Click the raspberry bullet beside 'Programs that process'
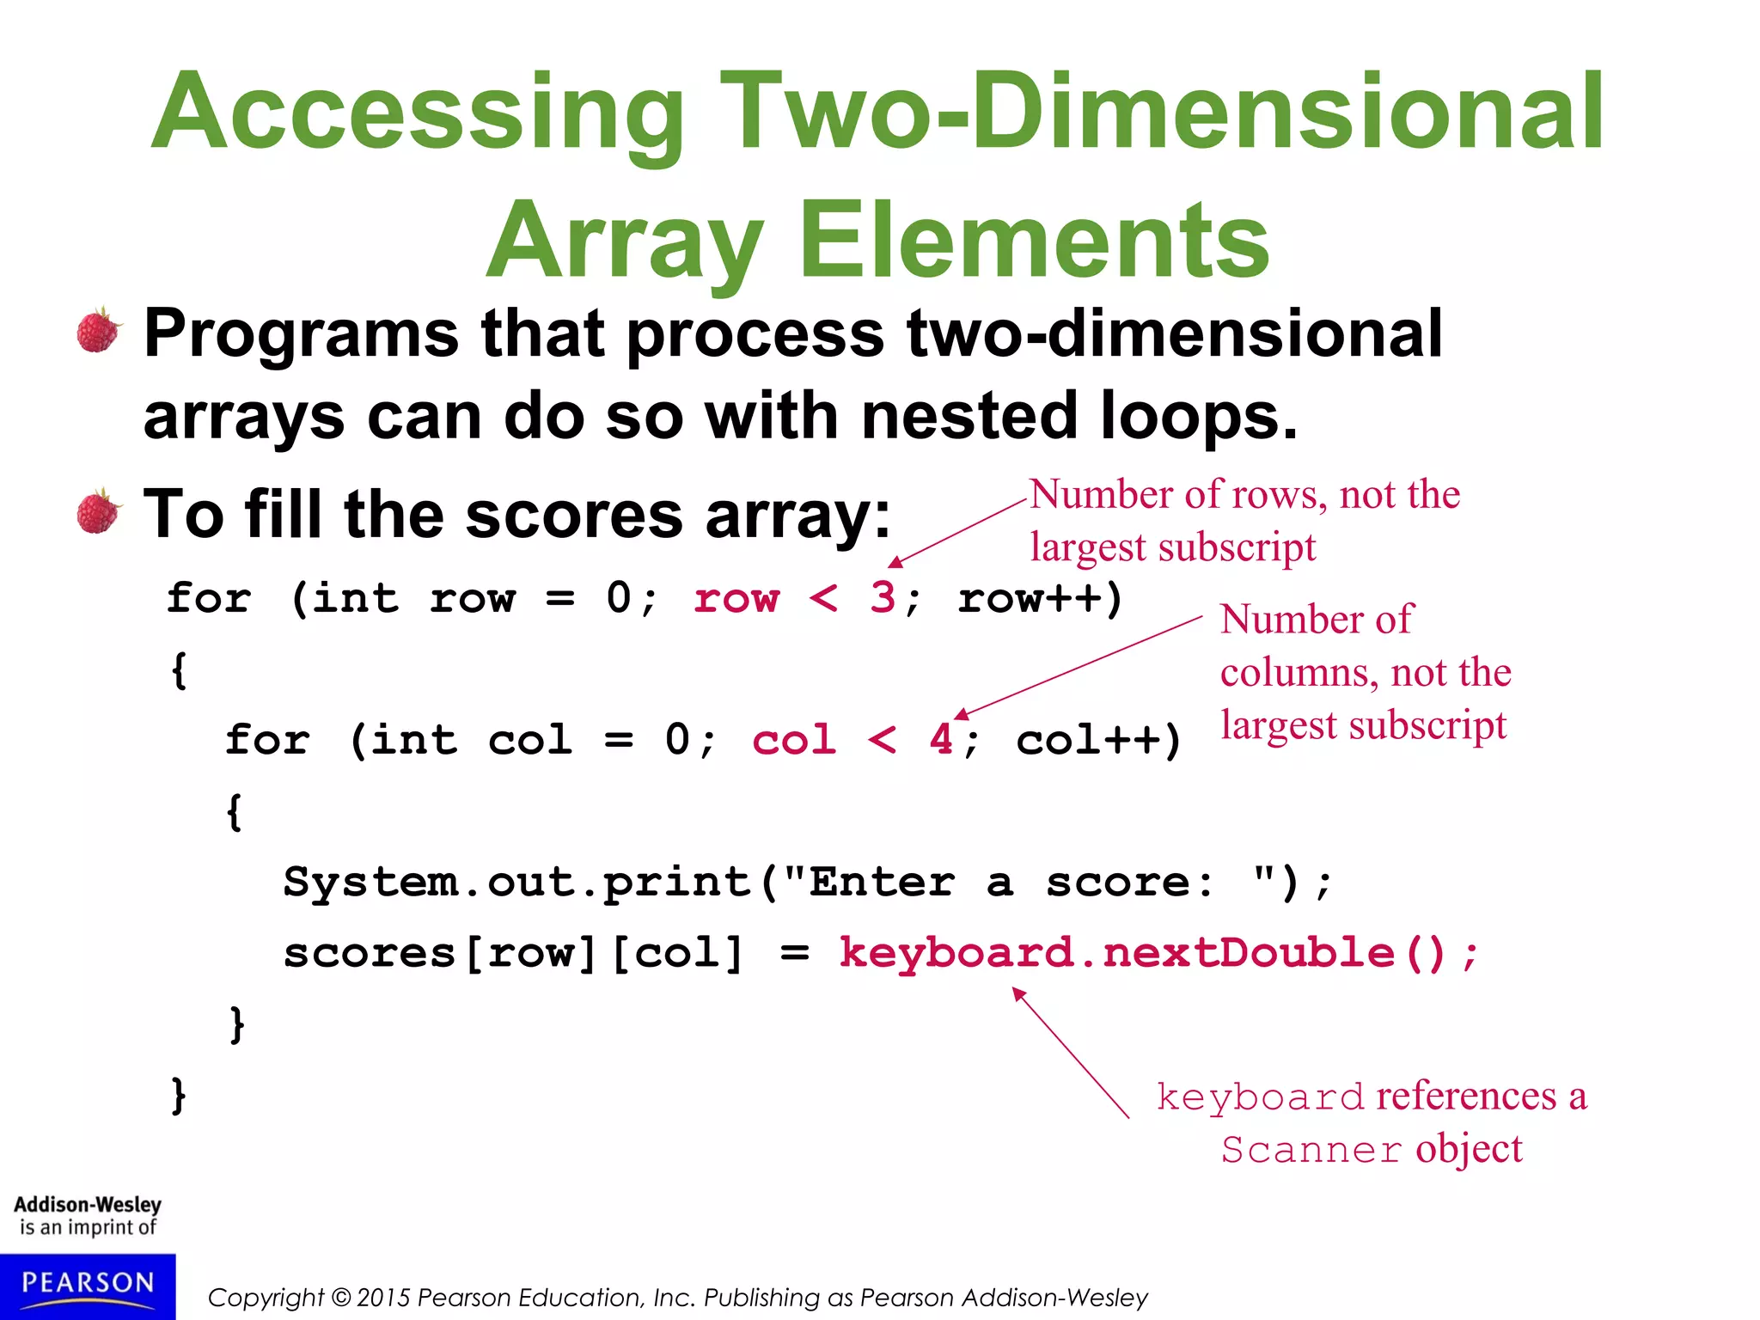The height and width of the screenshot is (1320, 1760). coord(99,330)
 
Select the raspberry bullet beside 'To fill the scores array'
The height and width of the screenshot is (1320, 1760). coord(99,511)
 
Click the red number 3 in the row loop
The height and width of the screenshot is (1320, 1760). coord(883,597)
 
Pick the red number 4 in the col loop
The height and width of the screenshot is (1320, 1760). coord(941,739)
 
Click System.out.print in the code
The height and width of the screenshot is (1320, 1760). coord(516,883)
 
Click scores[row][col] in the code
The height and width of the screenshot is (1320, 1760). coord(513,953)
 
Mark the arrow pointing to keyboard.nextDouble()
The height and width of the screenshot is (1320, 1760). coord(1071,1053)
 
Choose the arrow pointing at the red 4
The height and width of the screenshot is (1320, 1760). coord(1078,667)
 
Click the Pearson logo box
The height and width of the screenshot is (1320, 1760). coord(88,1286)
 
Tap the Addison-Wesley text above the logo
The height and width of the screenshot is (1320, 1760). coord(88,1205)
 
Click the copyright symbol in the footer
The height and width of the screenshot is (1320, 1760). coord(341,1297)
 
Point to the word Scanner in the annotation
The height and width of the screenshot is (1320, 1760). coord(1311,1150)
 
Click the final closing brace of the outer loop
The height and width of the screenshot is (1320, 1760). coord(179,1096)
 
